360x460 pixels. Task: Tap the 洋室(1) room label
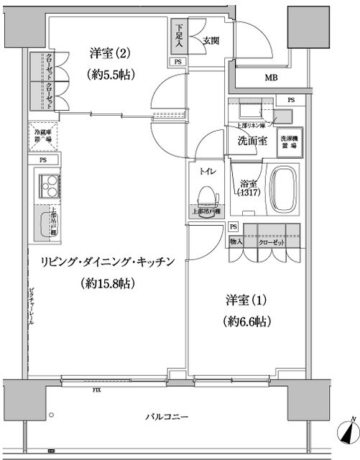coord(246,298)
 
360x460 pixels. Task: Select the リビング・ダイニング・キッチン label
coord(101,263)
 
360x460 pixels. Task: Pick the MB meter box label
coord(271,78)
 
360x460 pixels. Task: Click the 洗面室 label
coord(252,140)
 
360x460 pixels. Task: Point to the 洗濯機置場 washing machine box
coord(289,141)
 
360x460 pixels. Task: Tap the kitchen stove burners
coord(50,190)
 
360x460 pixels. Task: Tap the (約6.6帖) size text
coord(246,321)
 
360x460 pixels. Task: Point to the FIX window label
coord(96,391)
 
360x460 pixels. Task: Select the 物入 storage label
coord(236,242)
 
